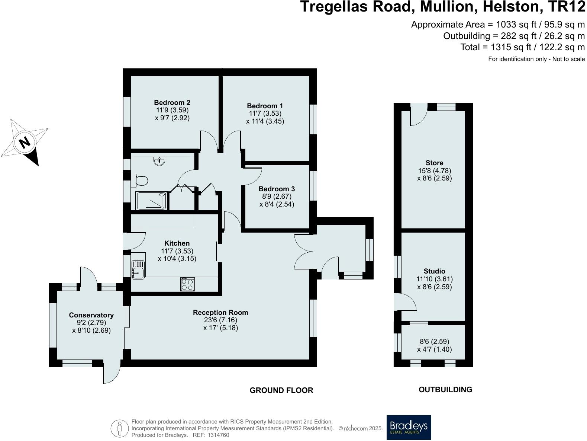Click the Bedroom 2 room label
point(172,102)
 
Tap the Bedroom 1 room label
point(265,106)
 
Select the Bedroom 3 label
point(277,189)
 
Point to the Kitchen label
point(177,243)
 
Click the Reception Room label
point(220,313)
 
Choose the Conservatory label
point(91,315)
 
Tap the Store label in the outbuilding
point(434,163)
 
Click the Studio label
point(434,271)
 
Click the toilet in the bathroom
point(140,180)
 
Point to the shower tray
point(152,201)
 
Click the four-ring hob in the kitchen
point(187,284)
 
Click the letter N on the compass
point(25,143)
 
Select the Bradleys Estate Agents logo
point(409,427)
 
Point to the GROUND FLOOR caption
point(281,390)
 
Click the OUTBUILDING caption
point(445,390)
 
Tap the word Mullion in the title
point(449,7)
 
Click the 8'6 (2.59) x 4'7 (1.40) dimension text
point(434,345)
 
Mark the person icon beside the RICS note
point(120,428)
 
